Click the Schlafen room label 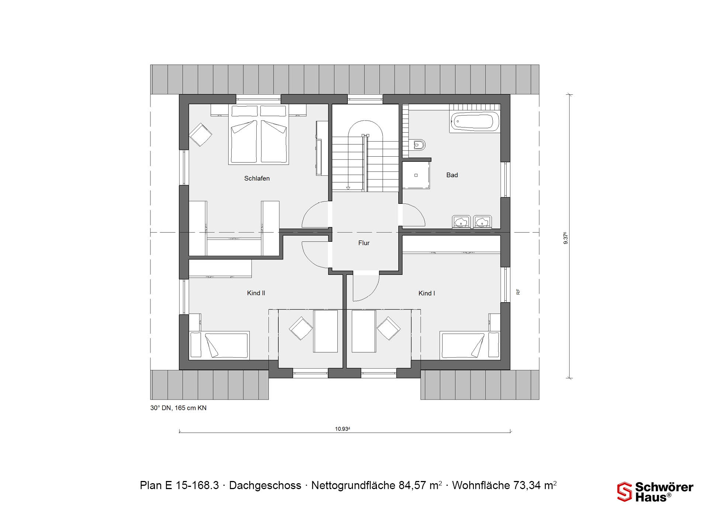pos(257,178)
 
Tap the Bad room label pos(452,175)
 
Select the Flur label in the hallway pos(364,243)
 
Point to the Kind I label pos(427,293)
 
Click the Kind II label pos(256,293)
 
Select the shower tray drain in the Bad pos(416,175)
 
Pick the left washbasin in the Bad pos(461,222)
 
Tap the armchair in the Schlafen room pos(201,135)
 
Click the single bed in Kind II pos(219,345)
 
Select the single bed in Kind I pos(470,345)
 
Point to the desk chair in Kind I pos(389,328)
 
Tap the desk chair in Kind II pos(301,328)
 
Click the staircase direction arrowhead pos(348,188)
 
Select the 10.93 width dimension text pos(342,429)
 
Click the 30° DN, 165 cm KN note pos(178,408)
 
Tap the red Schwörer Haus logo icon pos(625,492)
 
